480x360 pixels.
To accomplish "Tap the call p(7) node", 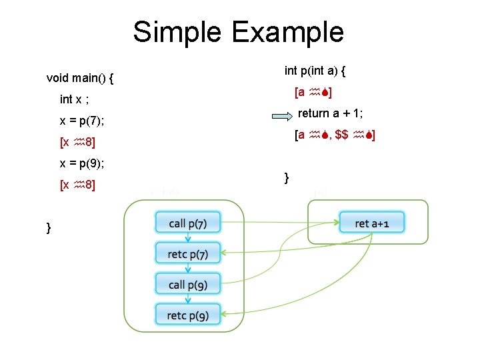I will point(188,223).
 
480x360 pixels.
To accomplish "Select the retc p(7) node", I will point(188,254).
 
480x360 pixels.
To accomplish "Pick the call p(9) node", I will point(188,285).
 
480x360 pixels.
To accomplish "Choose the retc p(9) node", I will point(188,315).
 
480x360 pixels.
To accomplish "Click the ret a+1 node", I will point(373,223).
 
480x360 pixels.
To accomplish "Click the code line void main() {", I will point(79,78).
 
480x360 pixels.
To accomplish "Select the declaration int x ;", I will point(75,99).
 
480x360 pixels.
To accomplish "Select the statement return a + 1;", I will point(335,113).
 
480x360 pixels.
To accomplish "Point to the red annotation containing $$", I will point(336,135).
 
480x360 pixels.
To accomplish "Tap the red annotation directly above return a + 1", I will point(314,92).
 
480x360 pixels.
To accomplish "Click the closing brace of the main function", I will point(49,228).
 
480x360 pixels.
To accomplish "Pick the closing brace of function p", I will point(287,177).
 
